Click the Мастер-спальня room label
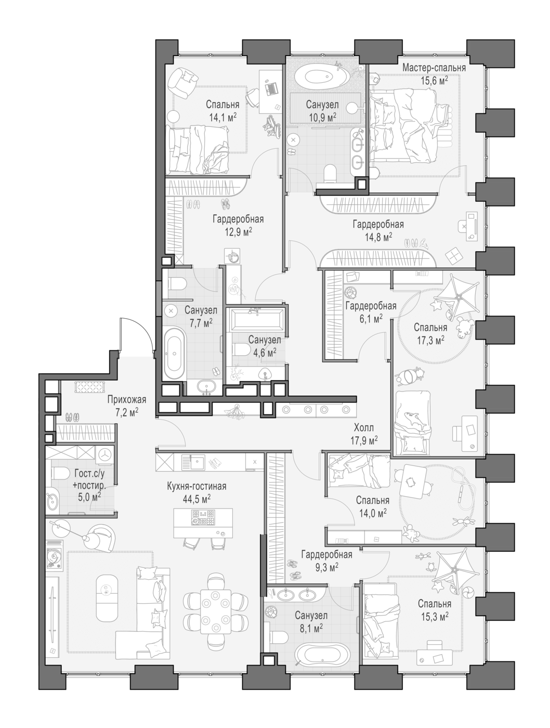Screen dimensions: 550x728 click(434, 68)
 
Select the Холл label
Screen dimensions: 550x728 click(364, 428)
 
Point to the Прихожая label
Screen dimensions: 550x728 click(127, 399)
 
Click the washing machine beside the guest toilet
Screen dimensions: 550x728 click(105, 454)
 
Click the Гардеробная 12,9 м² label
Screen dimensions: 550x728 click(238, 225)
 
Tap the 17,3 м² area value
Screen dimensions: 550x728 click(430, 340)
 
